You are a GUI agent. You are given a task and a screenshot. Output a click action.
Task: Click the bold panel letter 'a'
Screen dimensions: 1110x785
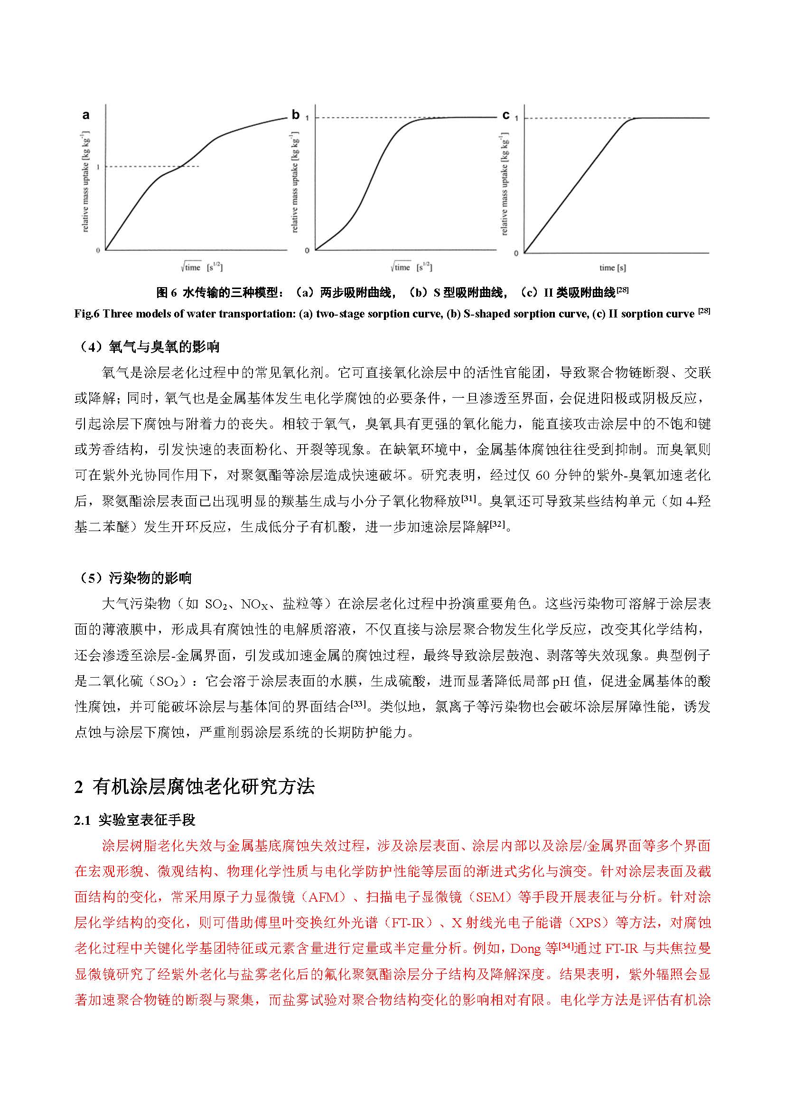click(x=85, y=115)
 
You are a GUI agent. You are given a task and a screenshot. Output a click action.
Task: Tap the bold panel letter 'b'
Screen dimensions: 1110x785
click(x=295, y=114)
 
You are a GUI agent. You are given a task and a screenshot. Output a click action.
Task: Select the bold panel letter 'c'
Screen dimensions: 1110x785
click(x=505, y=115)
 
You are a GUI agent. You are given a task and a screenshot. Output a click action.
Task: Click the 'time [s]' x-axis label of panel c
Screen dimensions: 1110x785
click(x=612, y=267)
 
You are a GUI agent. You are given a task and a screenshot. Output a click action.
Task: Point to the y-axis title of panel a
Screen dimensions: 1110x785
click(x=85, y=181)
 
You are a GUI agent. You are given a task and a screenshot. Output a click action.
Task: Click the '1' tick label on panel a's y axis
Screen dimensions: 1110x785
click(x=98, y=167)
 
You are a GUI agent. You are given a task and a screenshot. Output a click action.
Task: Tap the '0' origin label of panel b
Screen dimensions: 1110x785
click(x=307, y=251)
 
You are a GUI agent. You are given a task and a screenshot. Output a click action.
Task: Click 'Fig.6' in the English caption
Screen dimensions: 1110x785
click(x=86, y=314)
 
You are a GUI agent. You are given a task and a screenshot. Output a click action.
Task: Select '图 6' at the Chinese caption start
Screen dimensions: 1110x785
click(x=167, y=292)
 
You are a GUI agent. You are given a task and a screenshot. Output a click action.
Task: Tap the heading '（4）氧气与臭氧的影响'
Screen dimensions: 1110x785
click(x=148, y=346)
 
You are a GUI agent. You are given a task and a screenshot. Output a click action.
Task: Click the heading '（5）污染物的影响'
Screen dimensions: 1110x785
click(x=133, y=578)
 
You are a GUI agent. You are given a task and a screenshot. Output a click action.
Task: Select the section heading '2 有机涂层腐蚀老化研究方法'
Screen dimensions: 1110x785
click(x=194, y=786)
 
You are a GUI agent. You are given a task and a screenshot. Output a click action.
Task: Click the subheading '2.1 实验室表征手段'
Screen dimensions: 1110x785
click(x=135, y=820)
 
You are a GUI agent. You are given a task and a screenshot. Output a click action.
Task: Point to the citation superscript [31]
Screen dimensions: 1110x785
click(x=468, y=497)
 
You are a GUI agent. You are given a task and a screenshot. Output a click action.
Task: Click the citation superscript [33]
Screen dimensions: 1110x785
click(x=358, y=703)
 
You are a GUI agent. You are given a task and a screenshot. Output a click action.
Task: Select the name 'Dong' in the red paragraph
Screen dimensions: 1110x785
click(x=525, y=949)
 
